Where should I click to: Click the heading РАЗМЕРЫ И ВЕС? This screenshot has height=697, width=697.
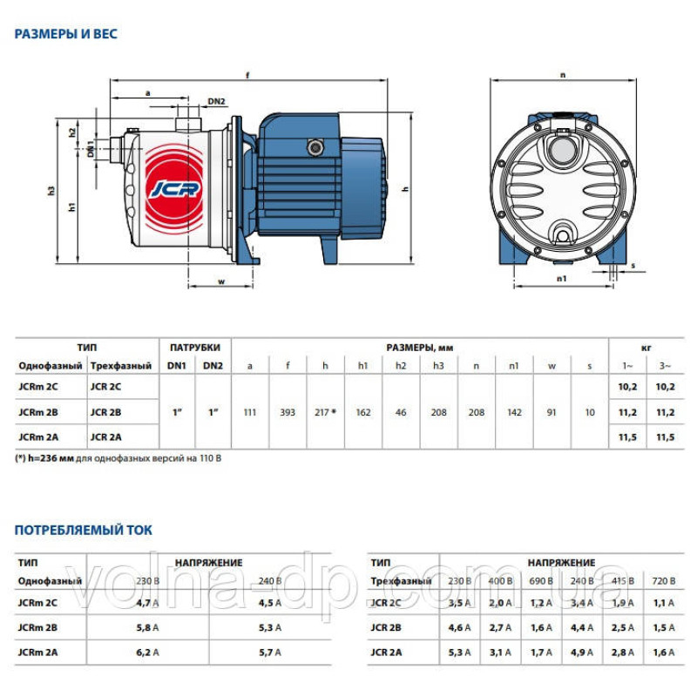pos(66,34)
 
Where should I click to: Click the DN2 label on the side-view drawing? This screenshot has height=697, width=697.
pos(218,101)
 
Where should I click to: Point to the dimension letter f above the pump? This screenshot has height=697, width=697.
pos(247,76)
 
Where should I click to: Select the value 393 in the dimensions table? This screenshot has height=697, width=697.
pos(288,412)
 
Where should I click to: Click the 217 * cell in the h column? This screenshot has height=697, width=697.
pos(325,412)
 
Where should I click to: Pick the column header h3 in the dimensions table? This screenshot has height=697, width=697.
pos(438,365)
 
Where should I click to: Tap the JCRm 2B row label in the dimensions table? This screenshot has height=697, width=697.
pos(38,412)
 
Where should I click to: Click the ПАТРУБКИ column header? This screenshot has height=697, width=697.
pos(195,347)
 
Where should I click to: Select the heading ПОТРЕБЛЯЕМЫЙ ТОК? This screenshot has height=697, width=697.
pos(84,530)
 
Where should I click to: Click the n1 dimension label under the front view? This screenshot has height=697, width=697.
pos(561,278)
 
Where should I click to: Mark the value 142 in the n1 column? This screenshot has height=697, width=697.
pos(514,412)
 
